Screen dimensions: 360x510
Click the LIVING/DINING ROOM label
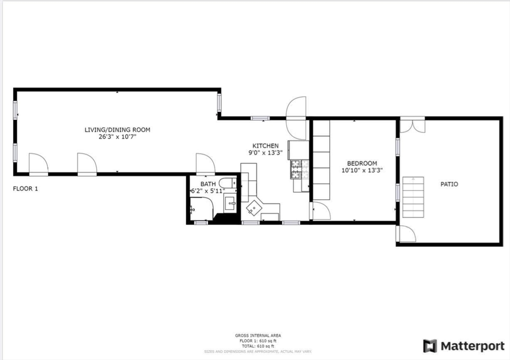pyautogui.click(x=117, y=129)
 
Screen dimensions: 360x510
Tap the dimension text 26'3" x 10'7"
pyautogui.click(x=117, y=136)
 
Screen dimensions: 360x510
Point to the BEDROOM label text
pyautogui.click(x=362, y=163)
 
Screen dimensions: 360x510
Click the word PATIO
pyautogui.click(x=449, y=184)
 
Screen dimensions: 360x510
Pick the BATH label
pyautogui.click(x=208, y=184)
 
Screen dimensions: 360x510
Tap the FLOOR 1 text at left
pyautogui.click(x=25, y=189)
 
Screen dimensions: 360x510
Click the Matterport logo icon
pyautogui.click(x=430, y=346)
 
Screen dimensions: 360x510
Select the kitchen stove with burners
pyautogui.click(x=296, y=169)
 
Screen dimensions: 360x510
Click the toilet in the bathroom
pyautogui.click(x=229, y=182)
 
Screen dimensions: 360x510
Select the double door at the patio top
pyautogui.click(x=413, y=125)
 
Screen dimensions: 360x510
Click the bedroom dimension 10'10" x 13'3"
pyautogui.click(x=362, y=170)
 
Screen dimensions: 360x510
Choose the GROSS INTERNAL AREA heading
pyautogui.click(x=255, y=336)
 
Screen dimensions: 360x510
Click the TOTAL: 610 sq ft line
pyautogui.click(x=255, y=346)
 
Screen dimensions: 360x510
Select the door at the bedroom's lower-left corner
pyautogui.click(x=320, y=211)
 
